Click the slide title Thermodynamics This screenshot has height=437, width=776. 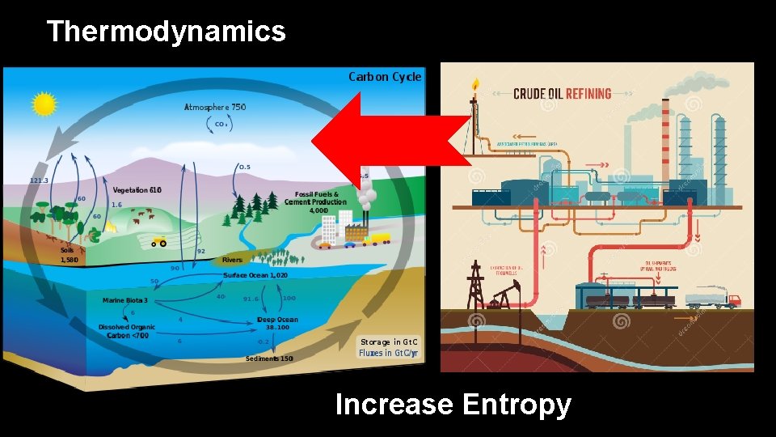(x=166, y=32)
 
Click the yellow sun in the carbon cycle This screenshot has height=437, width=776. (x=44, y=104)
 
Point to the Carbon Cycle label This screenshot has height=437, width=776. (x=385, y=77)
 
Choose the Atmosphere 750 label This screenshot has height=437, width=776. (x=215, y=107)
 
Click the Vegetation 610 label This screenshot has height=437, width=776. (x=137, y=190)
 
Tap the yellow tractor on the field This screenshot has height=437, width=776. (x=158, y=241)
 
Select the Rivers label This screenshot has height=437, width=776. (x=232, y=261)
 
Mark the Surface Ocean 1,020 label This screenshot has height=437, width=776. (x=255, y=275)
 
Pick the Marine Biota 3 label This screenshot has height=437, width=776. (x=125, y=300)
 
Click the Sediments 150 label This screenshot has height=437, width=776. (x=269, y=359)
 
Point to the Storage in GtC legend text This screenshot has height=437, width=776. (x=388, y=342)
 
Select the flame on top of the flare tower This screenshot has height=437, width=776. (x=475, y=84)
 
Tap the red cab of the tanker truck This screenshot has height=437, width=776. (x=732, y=300)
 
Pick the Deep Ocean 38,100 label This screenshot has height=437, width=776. (x=277, y=324)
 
